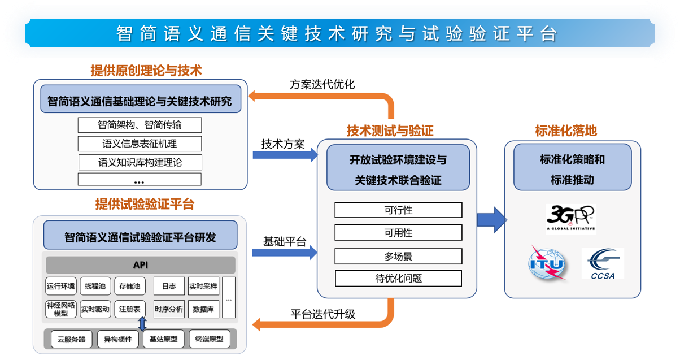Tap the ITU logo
546,263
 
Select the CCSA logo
603,263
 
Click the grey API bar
141,265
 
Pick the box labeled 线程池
95,286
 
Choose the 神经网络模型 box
60,309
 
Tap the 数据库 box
203,309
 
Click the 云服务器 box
72,339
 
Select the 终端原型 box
210,339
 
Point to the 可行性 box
398,210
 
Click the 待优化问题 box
398,278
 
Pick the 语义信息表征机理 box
140,144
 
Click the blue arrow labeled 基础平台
284,253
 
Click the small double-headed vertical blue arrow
142,324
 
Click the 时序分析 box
169,309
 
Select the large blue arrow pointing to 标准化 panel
491,219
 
